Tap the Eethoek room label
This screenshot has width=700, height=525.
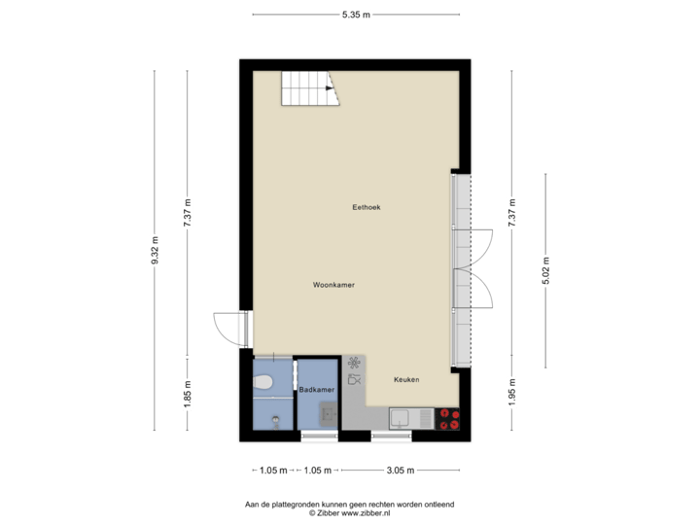367,207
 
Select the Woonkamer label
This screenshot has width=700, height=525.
333,286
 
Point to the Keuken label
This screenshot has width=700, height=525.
406,379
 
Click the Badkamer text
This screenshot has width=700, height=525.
317,390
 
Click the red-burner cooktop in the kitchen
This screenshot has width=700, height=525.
448,419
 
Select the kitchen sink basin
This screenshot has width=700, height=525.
400,419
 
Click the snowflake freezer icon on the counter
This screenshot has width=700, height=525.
354,362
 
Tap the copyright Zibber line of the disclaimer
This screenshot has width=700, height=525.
349,511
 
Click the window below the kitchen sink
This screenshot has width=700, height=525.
391,437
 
